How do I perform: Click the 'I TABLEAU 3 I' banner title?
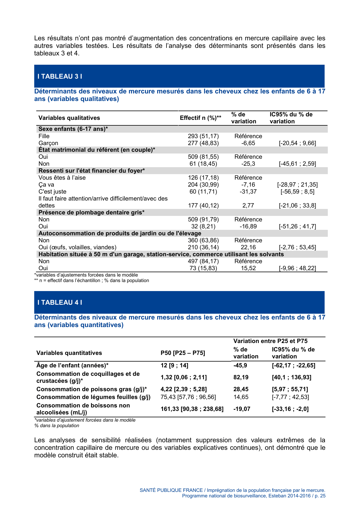tap(60, 77)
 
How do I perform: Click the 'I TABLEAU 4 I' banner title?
tap(60, 303)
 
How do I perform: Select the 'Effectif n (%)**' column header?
tap(200, 118)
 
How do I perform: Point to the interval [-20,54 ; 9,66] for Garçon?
tap(297, 143)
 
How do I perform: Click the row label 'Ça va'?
tap(46, 185)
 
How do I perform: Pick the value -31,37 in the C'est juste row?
tap(248, 192)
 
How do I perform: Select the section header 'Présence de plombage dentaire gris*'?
tap(91, 213)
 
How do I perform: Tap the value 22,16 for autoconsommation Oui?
tap(248, 248)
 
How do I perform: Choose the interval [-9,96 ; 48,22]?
tap(297, 268)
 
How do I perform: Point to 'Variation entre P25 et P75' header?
tap(270, 341)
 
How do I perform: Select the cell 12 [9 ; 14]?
tap(174, 366)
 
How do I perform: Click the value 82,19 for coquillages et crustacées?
tap(241, 378)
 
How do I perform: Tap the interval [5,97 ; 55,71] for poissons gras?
tap(290, 389)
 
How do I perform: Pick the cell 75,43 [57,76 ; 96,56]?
tap(188, 397)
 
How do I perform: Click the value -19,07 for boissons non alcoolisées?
tap(242, 409)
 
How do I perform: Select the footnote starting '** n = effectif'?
tap(92, 281)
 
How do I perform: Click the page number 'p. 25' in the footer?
tap(320, 496)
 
